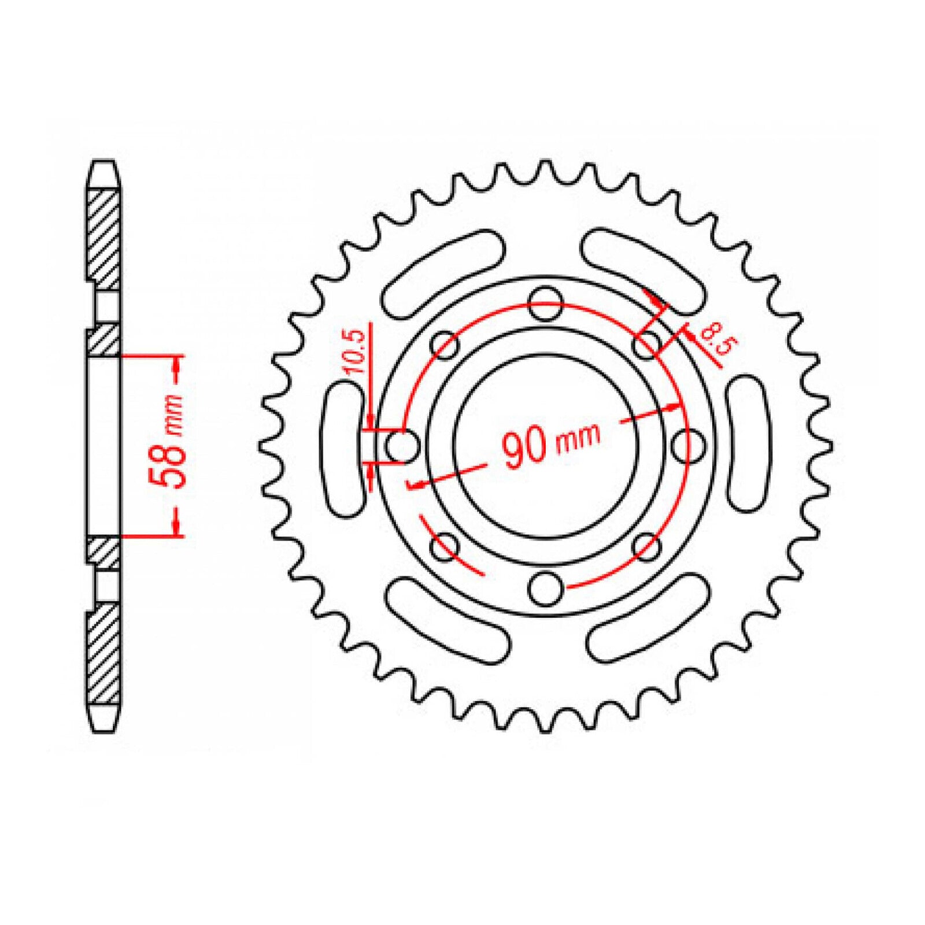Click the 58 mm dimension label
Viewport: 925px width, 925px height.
coord(168,442)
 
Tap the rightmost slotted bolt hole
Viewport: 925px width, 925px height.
coord(690,445)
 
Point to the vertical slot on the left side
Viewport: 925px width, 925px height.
coord(345,445)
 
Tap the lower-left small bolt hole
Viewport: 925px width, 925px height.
coord(444,546)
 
